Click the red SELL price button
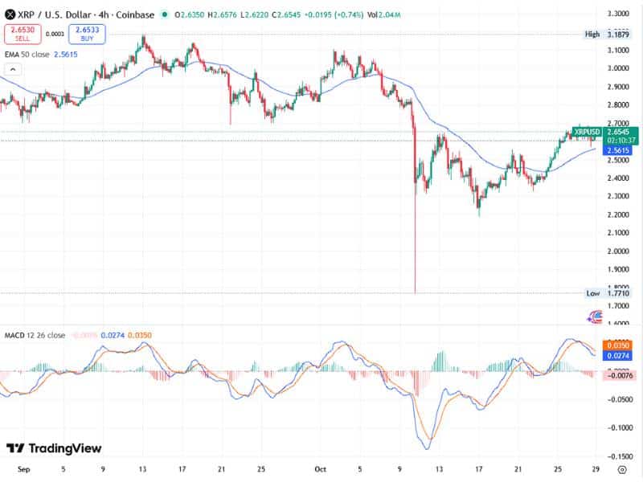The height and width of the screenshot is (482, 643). [x=21, y=34]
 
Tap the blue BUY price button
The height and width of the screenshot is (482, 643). [x=86, y=34]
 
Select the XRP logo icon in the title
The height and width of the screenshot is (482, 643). [x=10, y=14]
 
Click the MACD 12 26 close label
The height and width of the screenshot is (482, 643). [x=35, y=335]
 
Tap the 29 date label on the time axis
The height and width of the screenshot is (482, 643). [x=594, y=467]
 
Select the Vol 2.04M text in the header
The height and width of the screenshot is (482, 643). [x=385, y=14]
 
